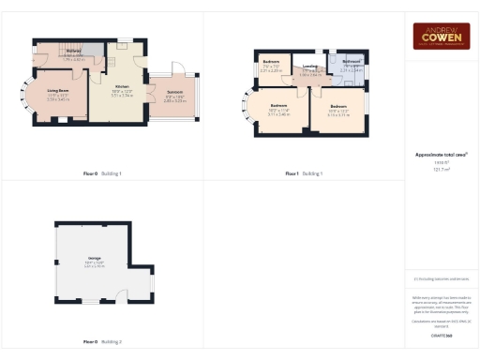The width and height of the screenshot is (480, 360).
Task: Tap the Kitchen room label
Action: tap(122, 86)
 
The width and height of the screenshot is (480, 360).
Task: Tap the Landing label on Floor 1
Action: tap(307, 67)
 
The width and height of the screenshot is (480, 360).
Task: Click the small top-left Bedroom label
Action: tap(270, 66)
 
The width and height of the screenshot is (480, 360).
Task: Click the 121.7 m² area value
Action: tap(441, 170)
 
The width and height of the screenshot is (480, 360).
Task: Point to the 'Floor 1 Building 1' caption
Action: tap(304, 173)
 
